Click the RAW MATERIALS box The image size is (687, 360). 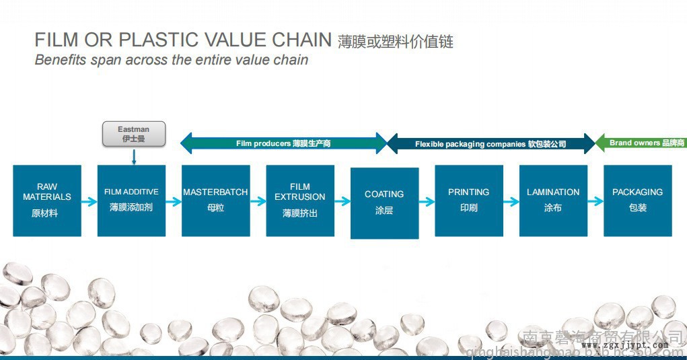pyautogui.click(x=47, y=201)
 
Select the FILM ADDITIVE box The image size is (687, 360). pyautogui.click(x=131, y=201)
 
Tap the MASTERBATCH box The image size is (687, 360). pyautogui.click(x=215, y=201)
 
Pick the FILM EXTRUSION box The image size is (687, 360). pyautogui.click(x=300, y=201)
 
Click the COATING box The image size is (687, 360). pyautogui.click(x=384, y=203)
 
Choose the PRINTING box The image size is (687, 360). pyautogui.click(x=468, y=201)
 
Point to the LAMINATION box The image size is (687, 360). pyautogui.click(x=553, y=201)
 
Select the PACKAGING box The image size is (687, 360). pyautogui.click(x=637, y=201)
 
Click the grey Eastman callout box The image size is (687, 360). pyautogui.click(x=134, y=134)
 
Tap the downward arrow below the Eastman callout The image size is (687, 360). pyautogui.click(x=134, y=157)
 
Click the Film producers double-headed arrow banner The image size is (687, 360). pyautogui.click(x=283, y=143)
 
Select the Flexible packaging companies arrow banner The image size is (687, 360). pyautogui.click(x=491, y=143)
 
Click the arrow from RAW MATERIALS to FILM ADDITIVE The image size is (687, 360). pyautogui.click(x=89, y=201)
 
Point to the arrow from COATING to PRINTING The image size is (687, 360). pyautogui.click(x=427, y=201)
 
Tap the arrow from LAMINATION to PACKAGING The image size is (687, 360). pyautogui.click(x=595, y=201)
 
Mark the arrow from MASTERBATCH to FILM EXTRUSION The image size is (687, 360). pyautogui.click(x=258, y=201)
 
